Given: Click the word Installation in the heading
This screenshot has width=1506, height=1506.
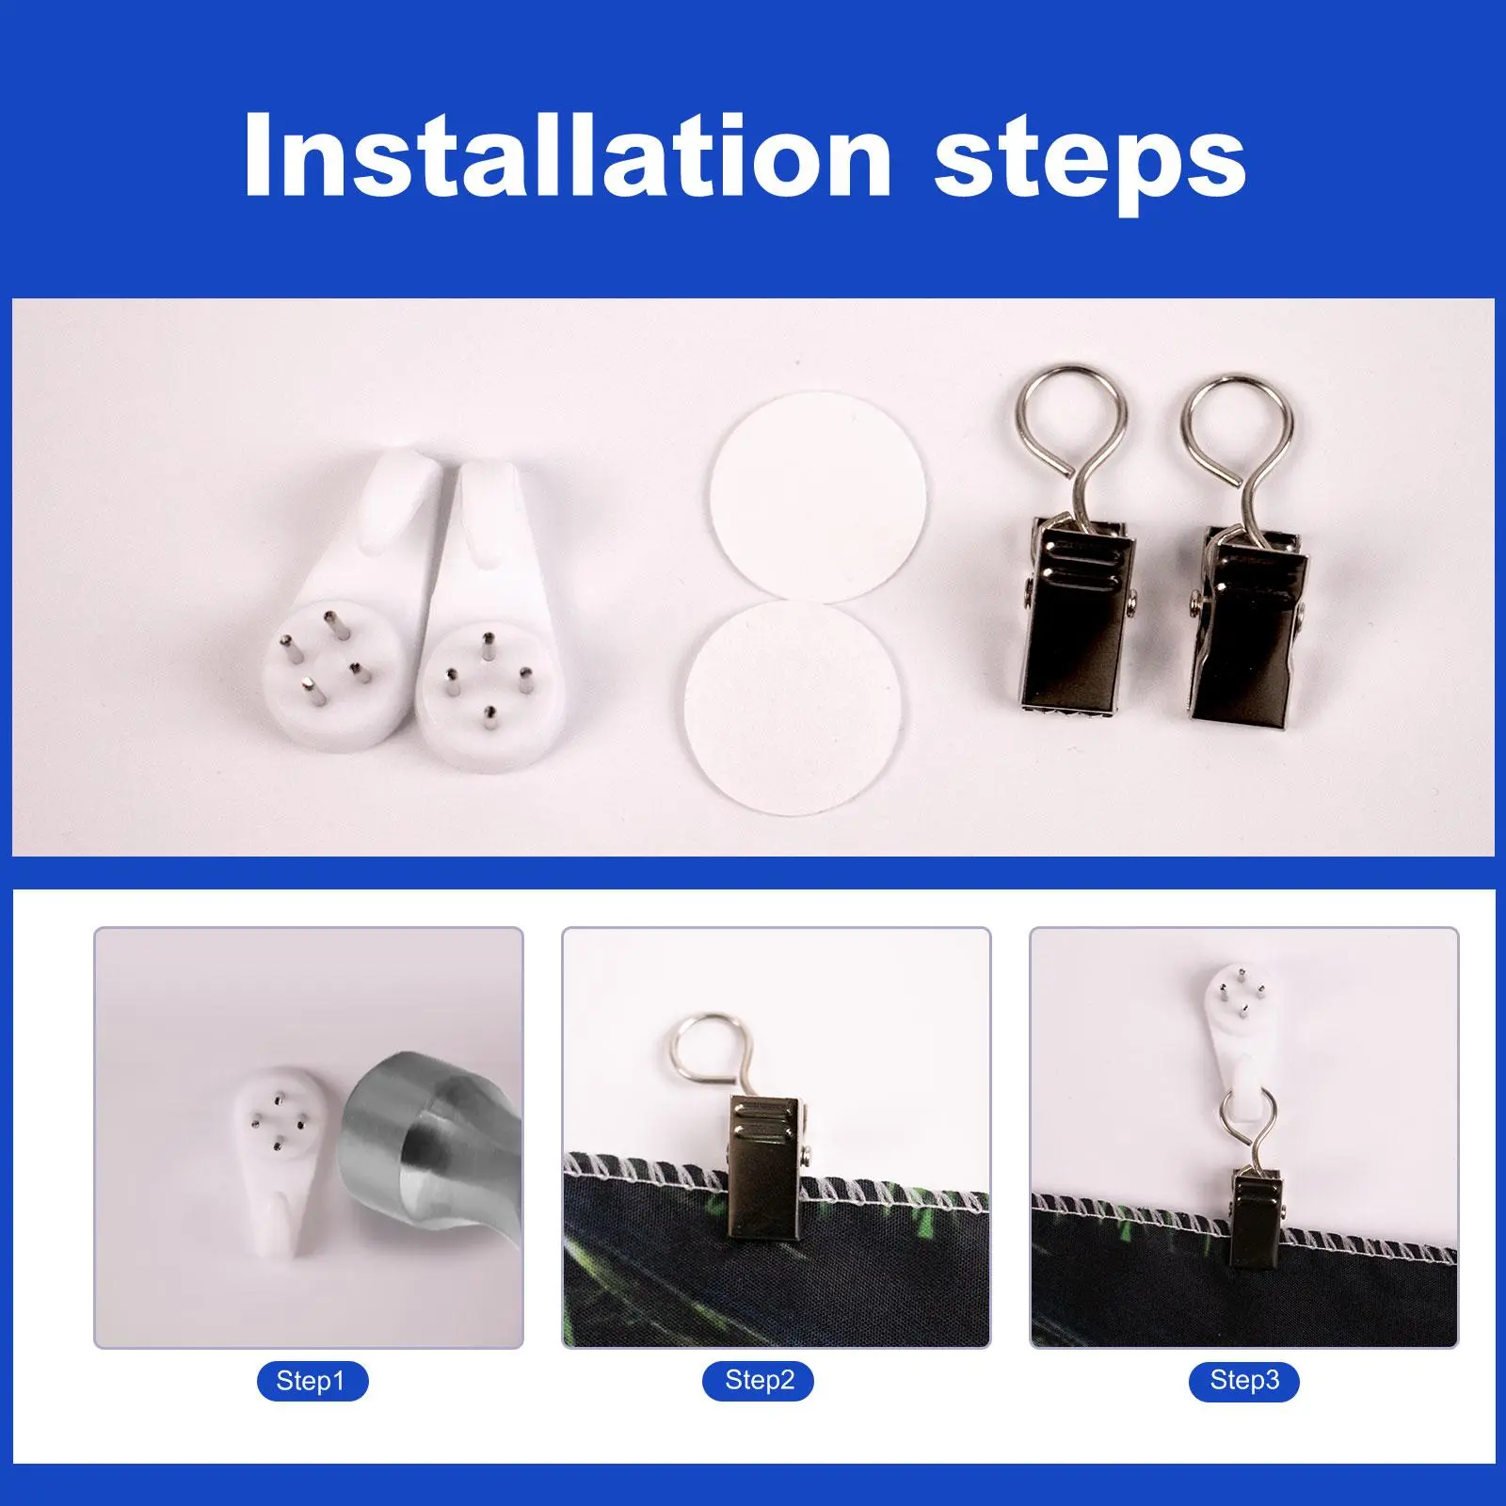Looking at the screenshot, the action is point(567,154).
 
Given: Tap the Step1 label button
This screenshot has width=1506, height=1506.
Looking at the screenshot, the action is point(311,1382).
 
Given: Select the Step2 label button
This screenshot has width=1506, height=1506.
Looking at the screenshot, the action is point(760,1381).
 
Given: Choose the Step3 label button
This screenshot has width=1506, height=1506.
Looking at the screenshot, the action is point(1244,1381).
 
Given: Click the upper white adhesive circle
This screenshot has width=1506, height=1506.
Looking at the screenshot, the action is point(817,495).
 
